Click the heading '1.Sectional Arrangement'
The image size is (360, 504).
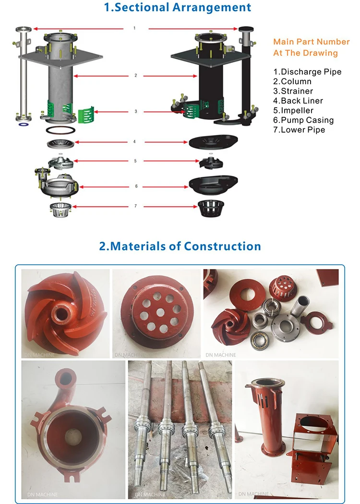pos(178,7)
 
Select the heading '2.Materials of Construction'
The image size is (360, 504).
pos(180,246)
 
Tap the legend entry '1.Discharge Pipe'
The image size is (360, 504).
pos(307,72)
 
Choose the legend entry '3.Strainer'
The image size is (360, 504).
pos(293,91)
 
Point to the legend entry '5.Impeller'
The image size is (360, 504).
pos(293,111)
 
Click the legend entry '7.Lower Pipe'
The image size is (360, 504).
pos(299,130)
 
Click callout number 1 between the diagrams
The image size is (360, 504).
pos(134,28)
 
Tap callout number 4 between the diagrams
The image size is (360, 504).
pos(135,142)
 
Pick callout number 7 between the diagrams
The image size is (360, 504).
pos(135,206)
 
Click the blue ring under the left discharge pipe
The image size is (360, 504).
pos(22,124)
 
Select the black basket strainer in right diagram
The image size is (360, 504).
pos(210,208)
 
